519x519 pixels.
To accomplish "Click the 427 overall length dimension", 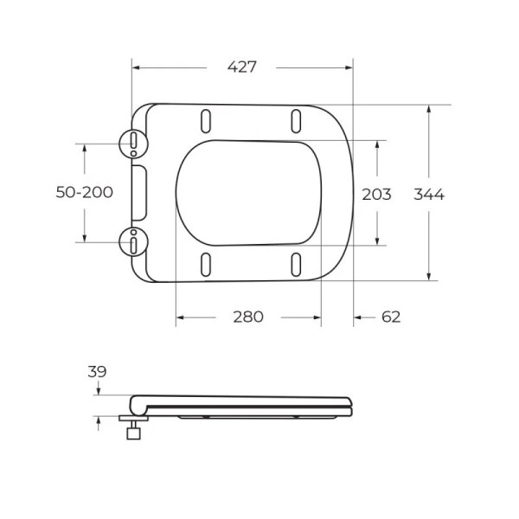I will pyautogui.click(x=242, y=67).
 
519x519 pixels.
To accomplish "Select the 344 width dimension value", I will pyautogui.click(x=428, y=195).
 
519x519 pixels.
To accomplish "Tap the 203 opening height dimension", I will pyautogui.click(x=376, y=195).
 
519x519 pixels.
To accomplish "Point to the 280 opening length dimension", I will pyautogui.click(x=247, y=317).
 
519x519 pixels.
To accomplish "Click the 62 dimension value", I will pyautogui.click(x=391, y=317).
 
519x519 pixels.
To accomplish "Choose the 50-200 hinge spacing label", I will pyautogui.click(x=85, y=193).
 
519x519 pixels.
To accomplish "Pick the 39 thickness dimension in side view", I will pyautogui.click(x=97, y=372).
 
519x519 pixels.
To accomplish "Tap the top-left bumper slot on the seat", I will pyautogui.click(x=206, y=119).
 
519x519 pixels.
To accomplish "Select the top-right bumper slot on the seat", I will pyautogui.click(x=296, y=119).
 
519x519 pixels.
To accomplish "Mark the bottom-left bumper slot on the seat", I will pyautogui.click(x=206, y=264).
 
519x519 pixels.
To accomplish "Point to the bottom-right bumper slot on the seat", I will pyautogui.click(x=296, y=264).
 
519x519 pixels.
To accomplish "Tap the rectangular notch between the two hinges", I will pyautogui.click(x=141, y=192).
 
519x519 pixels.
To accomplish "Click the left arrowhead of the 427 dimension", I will pyautogui.click(x=135, y=67).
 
